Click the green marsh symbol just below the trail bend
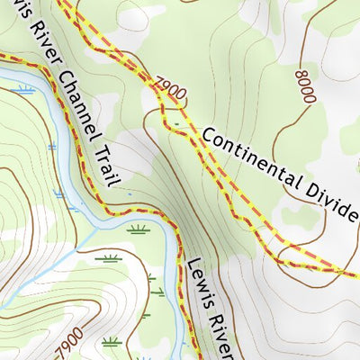coord(138,229)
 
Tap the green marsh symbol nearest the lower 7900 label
coord(112,341)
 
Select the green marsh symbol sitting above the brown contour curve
coord(110,259)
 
